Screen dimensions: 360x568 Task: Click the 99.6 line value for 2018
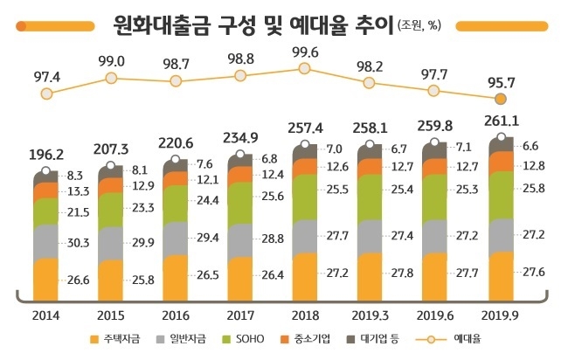point(304,52)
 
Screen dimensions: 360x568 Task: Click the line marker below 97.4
point(46,93)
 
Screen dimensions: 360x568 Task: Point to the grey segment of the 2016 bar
point(175,239)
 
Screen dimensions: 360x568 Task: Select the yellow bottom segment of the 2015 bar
point(110,280)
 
